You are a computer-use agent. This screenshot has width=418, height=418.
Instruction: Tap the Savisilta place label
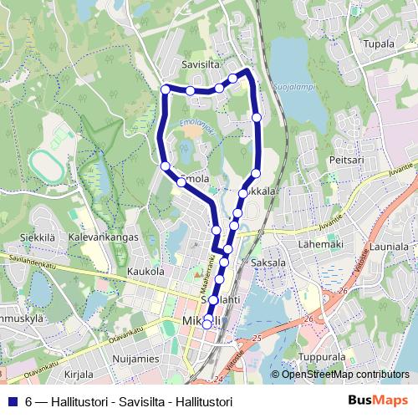point(200,64)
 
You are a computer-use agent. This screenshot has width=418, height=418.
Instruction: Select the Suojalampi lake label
point(290,85)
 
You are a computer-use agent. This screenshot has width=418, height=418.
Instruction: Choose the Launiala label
point(390,247)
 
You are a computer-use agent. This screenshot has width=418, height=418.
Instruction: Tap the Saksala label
point(268,263)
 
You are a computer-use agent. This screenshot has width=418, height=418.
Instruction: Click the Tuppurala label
point(322,356)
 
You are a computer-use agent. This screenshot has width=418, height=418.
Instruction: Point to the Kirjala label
point(79,375)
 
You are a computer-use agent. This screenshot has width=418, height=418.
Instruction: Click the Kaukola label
point(145,272)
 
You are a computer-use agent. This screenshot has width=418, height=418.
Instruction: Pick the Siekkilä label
point(37,237)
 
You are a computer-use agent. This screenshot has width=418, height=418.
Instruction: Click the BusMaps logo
point(384,401)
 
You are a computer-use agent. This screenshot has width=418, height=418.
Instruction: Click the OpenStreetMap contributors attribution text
point(345,375)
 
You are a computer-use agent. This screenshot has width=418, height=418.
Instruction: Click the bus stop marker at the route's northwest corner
point(166,89)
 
